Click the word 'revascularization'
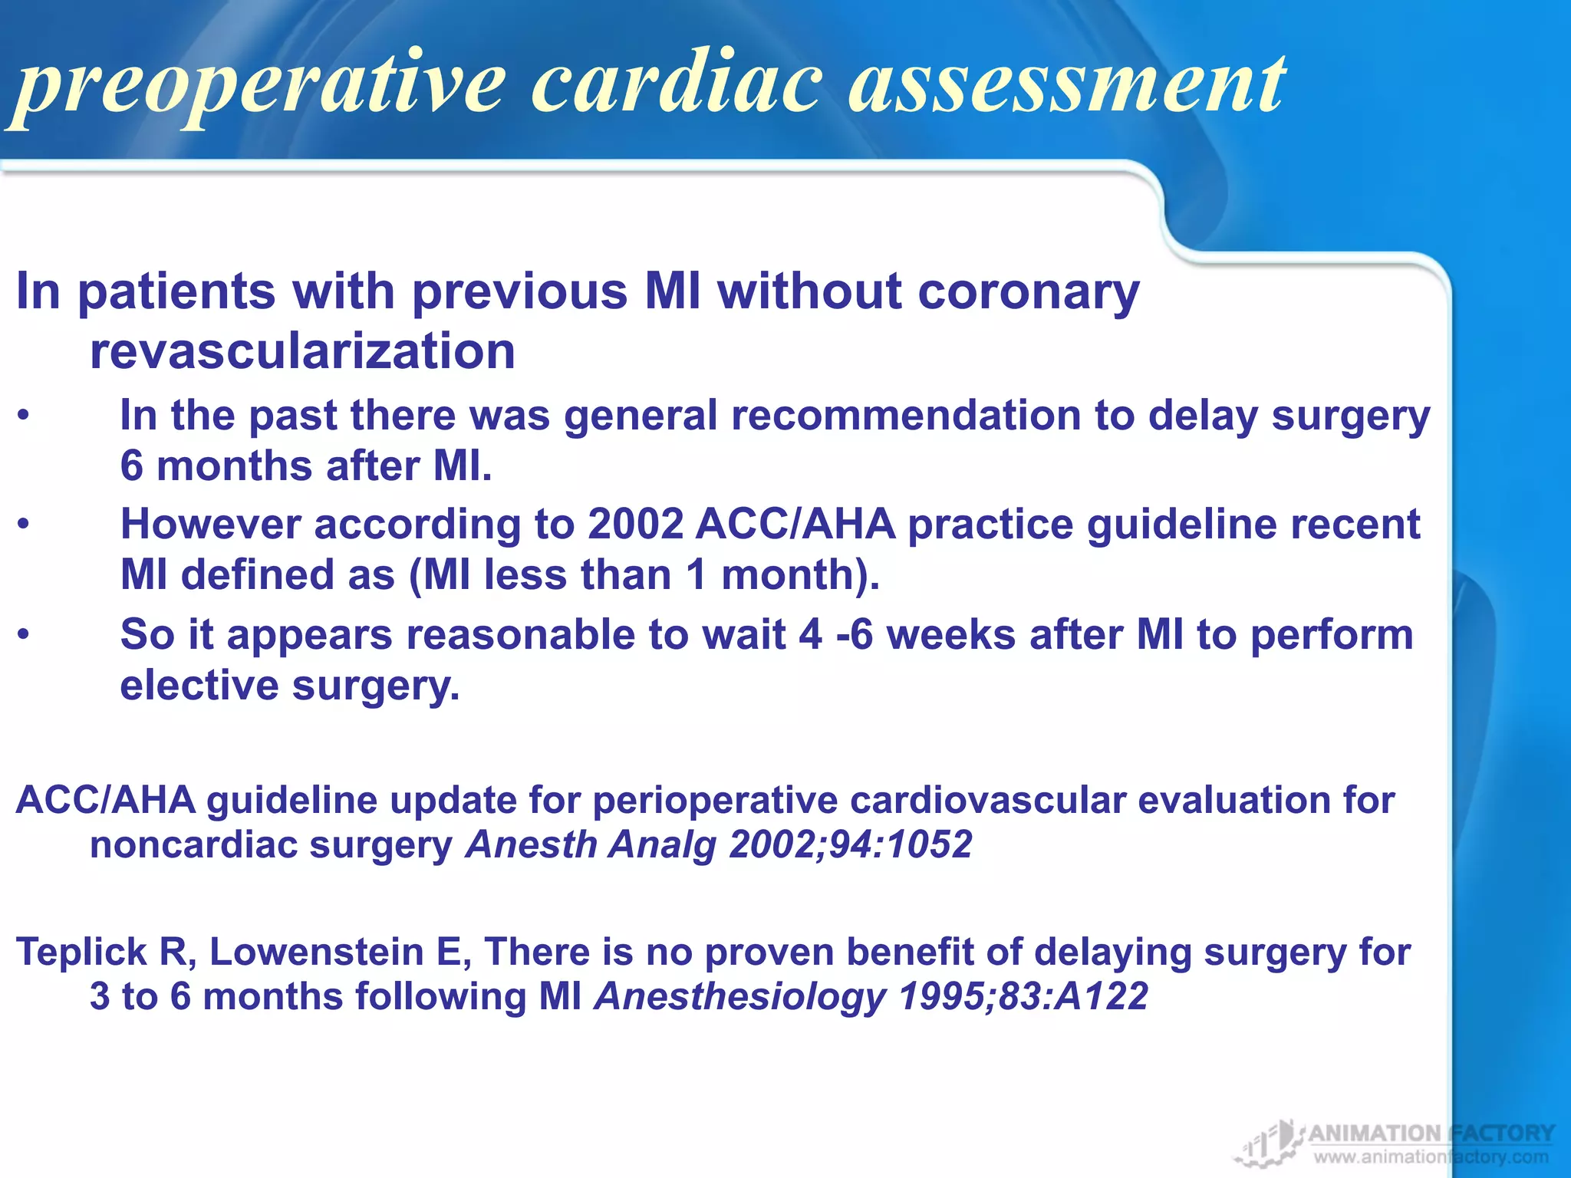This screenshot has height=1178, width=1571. pyautogui.click(x=302, y=352)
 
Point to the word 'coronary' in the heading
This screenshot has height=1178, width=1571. pyautogui.click(x=1028, y=293)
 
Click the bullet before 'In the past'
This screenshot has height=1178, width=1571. pyautogui.click(x=25, y=417)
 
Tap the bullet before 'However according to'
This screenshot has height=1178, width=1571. pyautogui.click(x=25, y=526)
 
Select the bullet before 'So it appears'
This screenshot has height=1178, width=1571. pyautogui.click(x=25, y=636)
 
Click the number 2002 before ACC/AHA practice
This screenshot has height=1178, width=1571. pyautogui.click(x=635, y=525)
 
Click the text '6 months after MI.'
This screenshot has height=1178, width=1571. pyautogui.click(x=305, y=466)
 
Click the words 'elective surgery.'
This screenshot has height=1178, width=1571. pyautogui.click(x=289, y=685)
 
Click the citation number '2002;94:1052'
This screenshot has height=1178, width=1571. pyautogui.click(x=850, y=845)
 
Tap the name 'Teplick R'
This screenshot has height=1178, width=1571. pyautogui.click(x=104, y=953)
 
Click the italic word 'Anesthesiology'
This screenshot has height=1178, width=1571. pyautogui.click(x=739, y=997)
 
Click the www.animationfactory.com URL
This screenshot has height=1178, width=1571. pyautogui.click(x=1431, y=1157)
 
